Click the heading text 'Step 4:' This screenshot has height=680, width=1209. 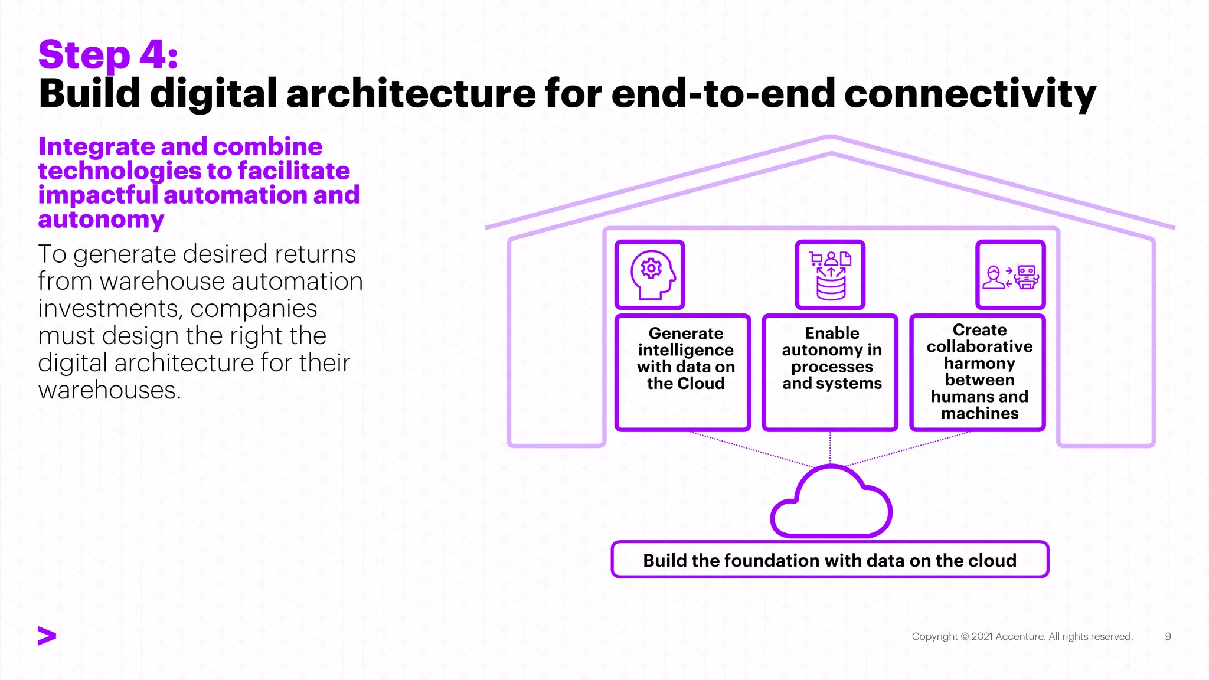pos(108,55)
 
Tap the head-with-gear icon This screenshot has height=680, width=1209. pos(650,274)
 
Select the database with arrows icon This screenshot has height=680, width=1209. pos(830,274)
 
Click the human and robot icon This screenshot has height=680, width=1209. pos(1010,275)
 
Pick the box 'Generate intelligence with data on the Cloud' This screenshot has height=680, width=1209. pos(683,372)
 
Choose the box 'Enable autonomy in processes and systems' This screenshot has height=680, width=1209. pos(830,372)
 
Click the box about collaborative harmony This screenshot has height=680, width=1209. pos(978,372)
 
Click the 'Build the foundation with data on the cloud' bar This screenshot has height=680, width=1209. pos(829,560)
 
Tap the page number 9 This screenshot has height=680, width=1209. pos(1168,636)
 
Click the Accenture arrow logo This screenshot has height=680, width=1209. pos(47,636)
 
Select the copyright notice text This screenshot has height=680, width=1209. pos(1022,636)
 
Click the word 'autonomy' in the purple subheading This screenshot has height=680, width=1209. pos(101,220)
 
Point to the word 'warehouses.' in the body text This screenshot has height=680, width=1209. pos(109,390)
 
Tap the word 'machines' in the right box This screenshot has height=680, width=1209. pos(979,413)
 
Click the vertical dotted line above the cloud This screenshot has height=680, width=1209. pos(830,449)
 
